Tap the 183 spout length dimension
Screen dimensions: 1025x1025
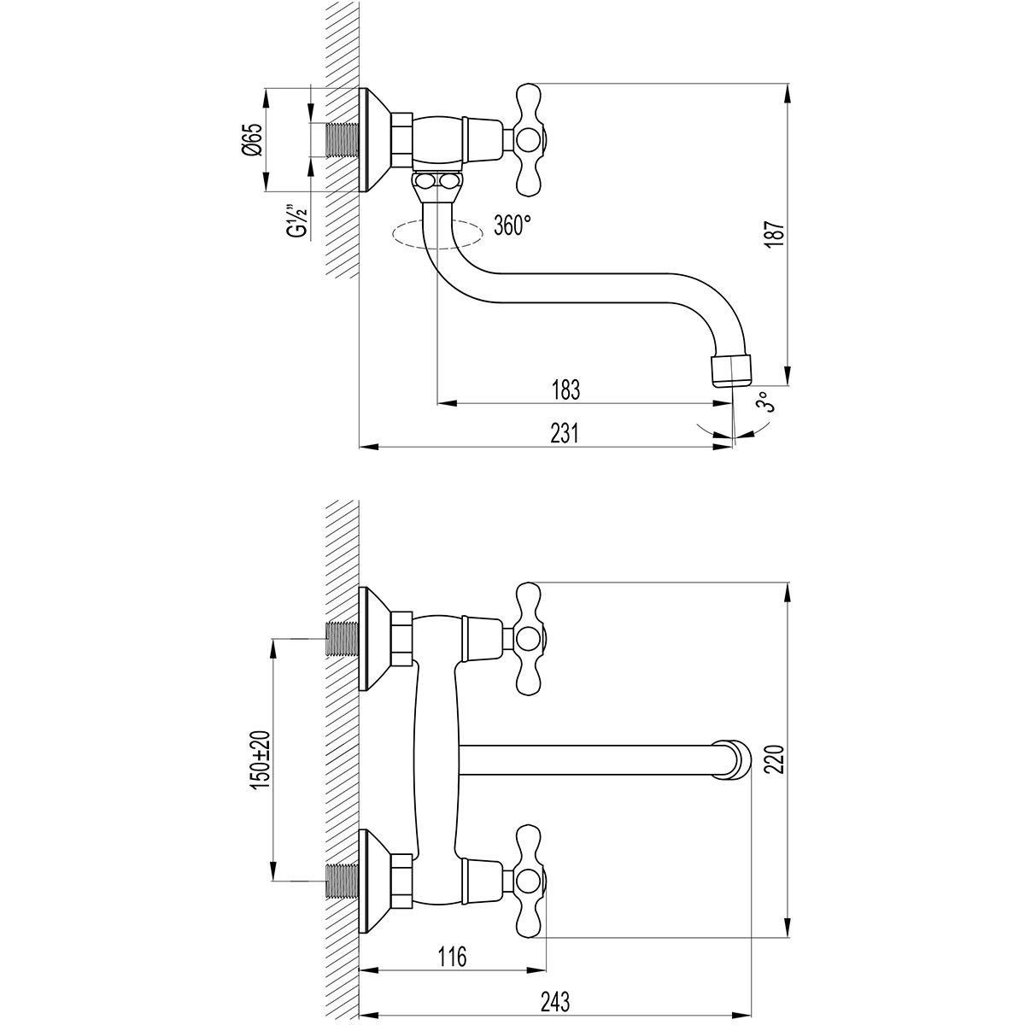click(565, 389)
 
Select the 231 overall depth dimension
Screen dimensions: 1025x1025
click(565, 434)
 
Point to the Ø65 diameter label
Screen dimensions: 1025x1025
click(254, 140)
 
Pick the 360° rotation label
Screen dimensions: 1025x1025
click(512, 225)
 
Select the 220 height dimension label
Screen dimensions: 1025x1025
click(776, 759)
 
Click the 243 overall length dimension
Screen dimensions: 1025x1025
click(555, 1002)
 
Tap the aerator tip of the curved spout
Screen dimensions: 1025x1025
click(732, 372)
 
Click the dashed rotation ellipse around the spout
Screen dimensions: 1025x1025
click(437, 233)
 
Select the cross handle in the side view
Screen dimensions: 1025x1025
click(530, 138)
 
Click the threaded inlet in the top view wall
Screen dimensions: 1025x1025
click(343, 140)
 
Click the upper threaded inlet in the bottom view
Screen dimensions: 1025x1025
click(343, 638)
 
